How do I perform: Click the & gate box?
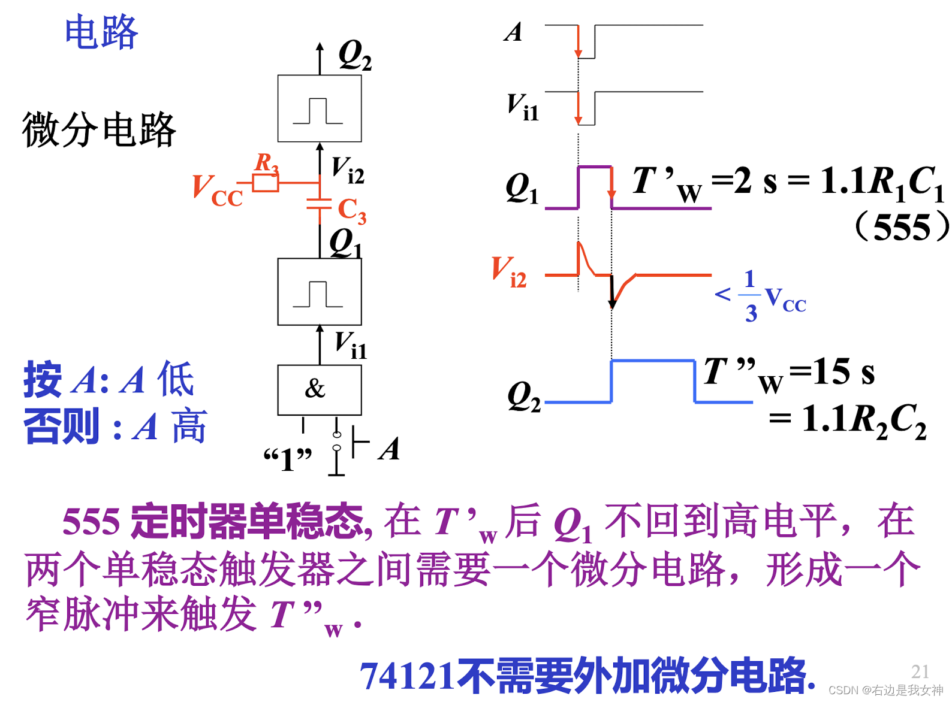coord(319,390)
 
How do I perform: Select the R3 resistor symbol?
coord(265,183)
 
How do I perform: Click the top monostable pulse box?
coord(319,108)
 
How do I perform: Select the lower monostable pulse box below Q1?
coord(319,292)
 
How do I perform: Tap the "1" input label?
coord(288,459)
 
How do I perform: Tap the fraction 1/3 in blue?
coord(750,296)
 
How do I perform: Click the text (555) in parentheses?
coord(902,227)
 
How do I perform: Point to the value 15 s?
coord(845,371)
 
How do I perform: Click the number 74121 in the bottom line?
coord(407,676)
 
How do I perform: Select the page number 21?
coord(920,671)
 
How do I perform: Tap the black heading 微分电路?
coord(99,129)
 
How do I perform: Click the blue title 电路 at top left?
coord(101,32)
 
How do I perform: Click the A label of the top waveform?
coord(513,32)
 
